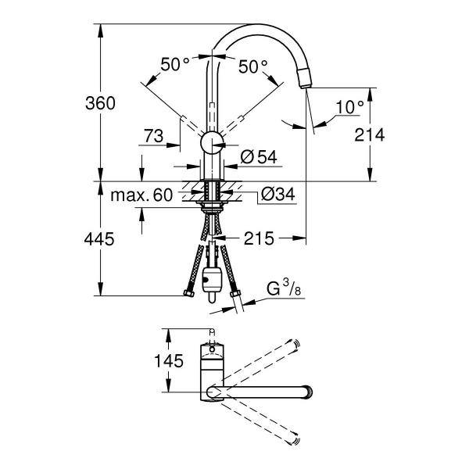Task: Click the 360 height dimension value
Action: [x=100, y=103]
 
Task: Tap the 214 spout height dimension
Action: [x=370, y=134]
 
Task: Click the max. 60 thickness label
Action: [x=141, y=195]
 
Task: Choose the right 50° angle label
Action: [x=253, y=66]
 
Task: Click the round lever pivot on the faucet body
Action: [x=212, y=141]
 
